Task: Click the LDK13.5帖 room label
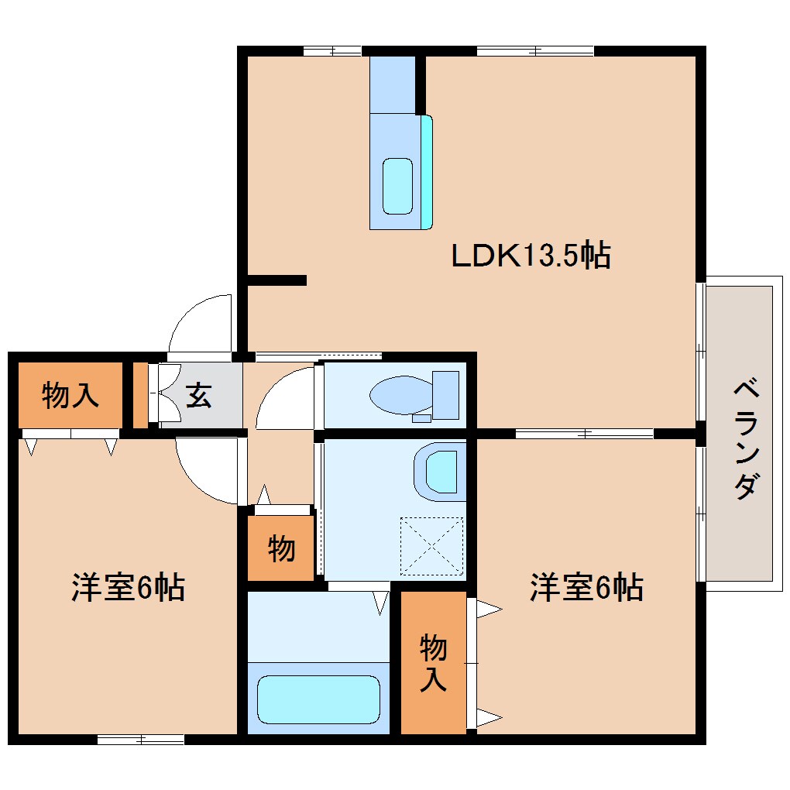(531, 256)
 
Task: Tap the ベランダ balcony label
(744, 438)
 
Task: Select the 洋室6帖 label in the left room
(128, 588)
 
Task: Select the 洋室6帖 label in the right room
(586, 588)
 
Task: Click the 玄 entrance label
(197, 396)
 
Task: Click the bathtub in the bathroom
(318, 699)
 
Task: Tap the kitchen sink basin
(398, 186)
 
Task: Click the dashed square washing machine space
(431, 546)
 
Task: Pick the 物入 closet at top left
(70, 396)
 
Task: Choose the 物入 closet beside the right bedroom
(434, 662)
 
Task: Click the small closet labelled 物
(281, 548)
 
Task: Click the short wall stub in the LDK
(276, 280)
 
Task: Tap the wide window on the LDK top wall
(535, 51)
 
